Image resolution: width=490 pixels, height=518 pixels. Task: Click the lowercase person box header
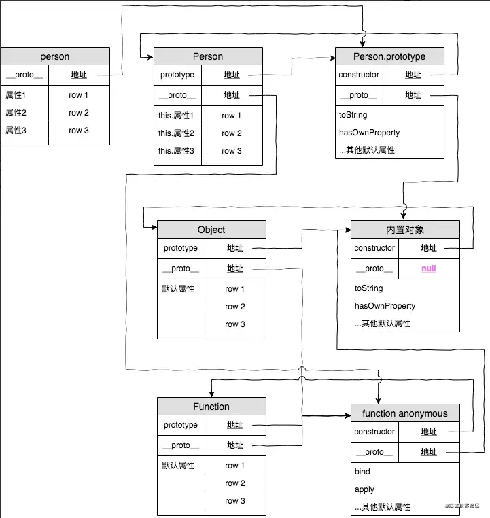(55, 56)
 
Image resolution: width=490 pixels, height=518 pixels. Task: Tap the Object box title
(211, 230)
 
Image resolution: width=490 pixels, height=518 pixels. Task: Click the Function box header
(211, 407)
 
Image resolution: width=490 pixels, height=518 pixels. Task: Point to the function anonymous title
(405, 413)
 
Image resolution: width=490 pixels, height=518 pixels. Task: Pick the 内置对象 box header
(405, 230)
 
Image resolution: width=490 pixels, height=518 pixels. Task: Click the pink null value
(429, 269)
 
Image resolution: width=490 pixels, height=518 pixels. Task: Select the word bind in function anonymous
(362, 472)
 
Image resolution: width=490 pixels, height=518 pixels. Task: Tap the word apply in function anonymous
(364, 489)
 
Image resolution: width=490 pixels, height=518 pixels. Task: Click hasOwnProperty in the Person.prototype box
(369, 133)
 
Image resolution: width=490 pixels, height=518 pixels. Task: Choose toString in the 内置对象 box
(369, 288)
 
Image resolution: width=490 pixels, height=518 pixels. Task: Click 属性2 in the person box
(16, 113)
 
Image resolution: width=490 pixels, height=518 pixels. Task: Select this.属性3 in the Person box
(176, 151)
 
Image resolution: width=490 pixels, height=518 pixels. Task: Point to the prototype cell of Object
(181, 248)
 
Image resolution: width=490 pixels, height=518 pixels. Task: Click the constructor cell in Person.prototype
(359, 75)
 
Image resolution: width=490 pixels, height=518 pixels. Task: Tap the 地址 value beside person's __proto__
(78, 75)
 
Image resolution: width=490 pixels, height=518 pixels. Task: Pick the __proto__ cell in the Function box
(181, 445)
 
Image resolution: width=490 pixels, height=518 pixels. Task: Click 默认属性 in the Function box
(178, 466)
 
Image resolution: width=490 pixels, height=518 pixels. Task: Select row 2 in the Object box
(235, 307)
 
